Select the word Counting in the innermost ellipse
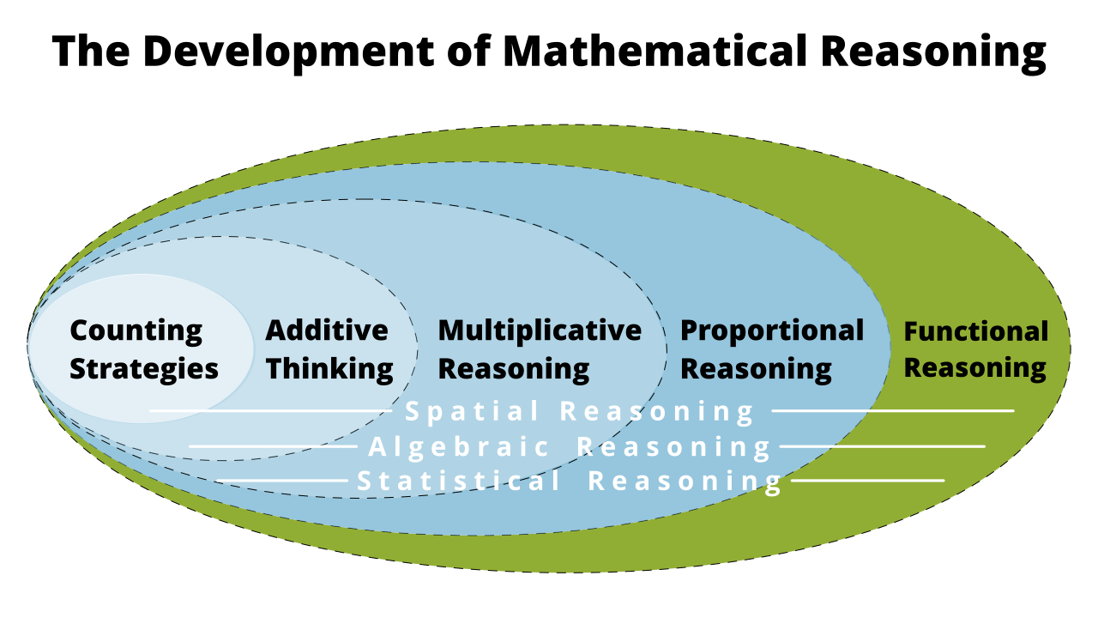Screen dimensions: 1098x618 (x=136, y=330)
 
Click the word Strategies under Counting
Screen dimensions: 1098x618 (x=144, y=369)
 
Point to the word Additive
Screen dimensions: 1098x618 (x=327, y=330)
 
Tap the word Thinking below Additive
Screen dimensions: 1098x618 (x=329, y=369)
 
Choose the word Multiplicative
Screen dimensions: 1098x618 (x=540, y=330)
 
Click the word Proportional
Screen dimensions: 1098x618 (x=772, y=330)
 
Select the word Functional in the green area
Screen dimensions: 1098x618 (x=976, y=331)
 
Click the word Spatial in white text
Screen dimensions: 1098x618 (x=473, y=411)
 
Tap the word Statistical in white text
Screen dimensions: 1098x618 (x=459, y=481)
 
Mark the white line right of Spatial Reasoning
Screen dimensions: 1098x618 (x=892, y=411)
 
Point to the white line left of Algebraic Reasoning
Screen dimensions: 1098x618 (x=273, y=446)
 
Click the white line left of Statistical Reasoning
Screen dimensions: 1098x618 (x=283, y=481)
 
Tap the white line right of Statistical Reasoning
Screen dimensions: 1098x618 (x=866, y=481)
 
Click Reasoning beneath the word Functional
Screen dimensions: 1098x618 (x=975, y=368)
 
